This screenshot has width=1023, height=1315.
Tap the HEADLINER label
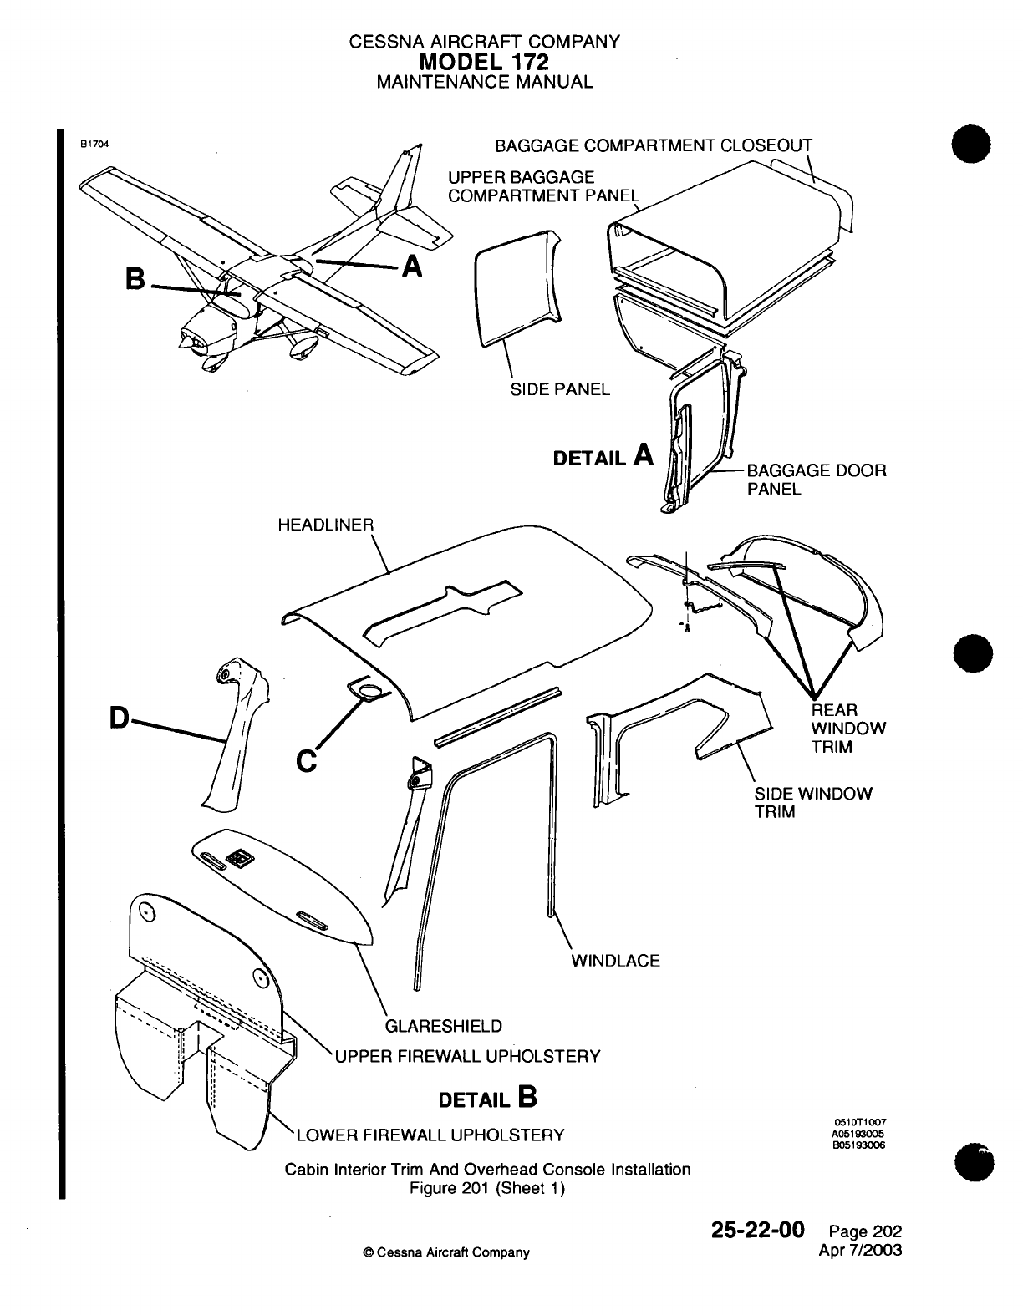pyautogui.click(x=325, y=525)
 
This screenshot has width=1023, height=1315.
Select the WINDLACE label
pyautogui.click(x=615, y=961)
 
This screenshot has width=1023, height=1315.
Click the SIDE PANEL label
pyautogui.click(x=560, y=389)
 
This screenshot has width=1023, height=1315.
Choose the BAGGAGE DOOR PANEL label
pyautogui.click(x=816, y=480)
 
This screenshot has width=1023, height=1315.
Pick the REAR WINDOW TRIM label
pyautogui.click(x=848, y=729)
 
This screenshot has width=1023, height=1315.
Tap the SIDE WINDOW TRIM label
pyautogui.click(x=812, y=802)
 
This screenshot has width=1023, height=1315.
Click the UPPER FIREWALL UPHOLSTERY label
pyautogui.click(x=467, y=1056)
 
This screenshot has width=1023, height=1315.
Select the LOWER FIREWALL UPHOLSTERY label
pyautogui.click(x=430, y=1135)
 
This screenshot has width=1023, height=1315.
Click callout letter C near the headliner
pyautogui.click(x=307, y=761)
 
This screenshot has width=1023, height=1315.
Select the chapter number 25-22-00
pyautogui.click(x=757, y=1230)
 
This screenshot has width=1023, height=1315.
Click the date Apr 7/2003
pyautogui.click(x=863, y=1251)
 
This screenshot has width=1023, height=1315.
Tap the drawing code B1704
pyautogui.click(x=95, y=142)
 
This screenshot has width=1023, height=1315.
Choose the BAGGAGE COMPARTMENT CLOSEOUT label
pyautogui.click(x=654, y=146)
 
